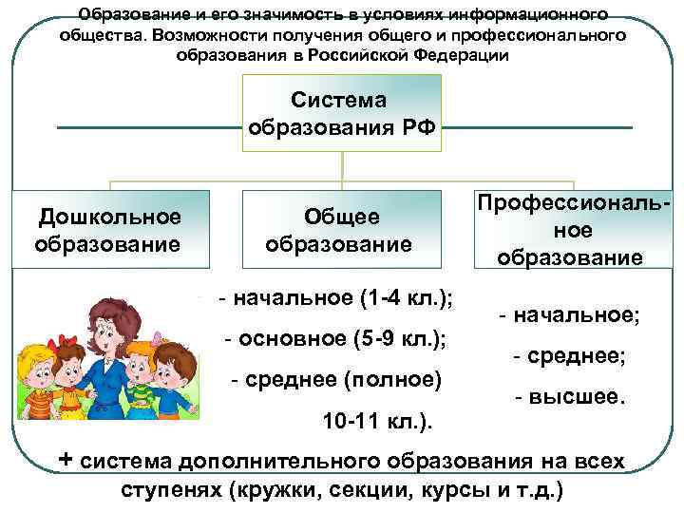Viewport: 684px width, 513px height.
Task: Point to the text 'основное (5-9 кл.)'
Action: click(335, 339)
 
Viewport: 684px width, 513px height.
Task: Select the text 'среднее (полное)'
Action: click(336, 380)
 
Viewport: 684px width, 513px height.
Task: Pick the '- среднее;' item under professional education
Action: click(569, 356)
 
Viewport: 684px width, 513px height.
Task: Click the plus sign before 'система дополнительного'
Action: click(66, 459)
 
